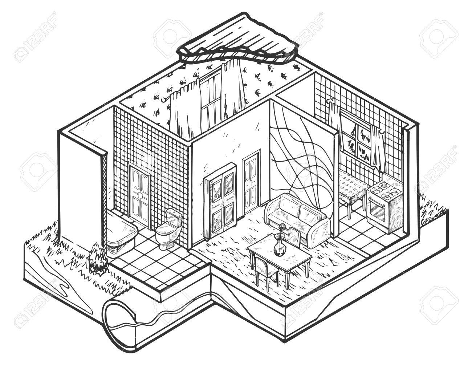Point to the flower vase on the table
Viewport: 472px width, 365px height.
pyautogui.click(x=278, y=247)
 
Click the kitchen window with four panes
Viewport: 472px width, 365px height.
pyautogui.click(x=359, y=140)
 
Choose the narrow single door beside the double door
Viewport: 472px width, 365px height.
pyautogui.click(x=251, y=183)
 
